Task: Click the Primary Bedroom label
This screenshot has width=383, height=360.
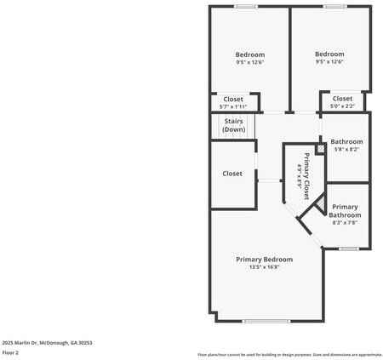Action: click(x=265, y=259)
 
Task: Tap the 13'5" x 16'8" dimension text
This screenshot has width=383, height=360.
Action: click(x=265, y=267)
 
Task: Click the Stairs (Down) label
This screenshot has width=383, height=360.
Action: click(x=234, y=125)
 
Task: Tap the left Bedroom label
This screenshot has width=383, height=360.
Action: click(x=250, y=54)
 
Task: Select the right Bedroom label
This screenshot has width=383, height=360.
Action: click(x=329, y=54)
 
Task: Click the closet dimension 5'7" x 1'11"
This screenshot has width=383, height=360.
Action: click(x=233, y=106)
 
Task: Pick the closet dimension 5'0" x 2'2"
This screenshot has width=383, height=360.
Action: click(x=342, y=106)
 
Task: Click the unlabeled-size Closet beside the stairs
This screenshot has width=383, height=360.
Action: click(x=232, y=174)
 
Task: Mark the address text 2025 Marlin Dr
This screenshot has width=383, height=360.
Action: click(x=47, y=342)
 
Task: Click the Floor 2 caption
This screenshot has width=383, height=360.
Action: click(x=11, y=351)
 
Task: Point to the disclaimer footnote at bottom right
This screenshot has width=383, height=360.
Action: click(x=289, y=354)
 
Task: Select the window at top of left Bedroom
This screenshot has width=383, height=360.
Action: click(x=246, y=7)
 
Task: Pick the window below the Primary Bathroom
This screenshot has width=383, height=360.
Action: click(x=347, y=249)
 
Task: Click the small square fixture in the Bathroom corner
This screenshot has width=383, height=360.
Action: click(x=319, y=149)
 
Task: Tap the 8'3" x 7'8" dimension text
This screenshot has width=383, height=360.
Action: click(x=345, y=223)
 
